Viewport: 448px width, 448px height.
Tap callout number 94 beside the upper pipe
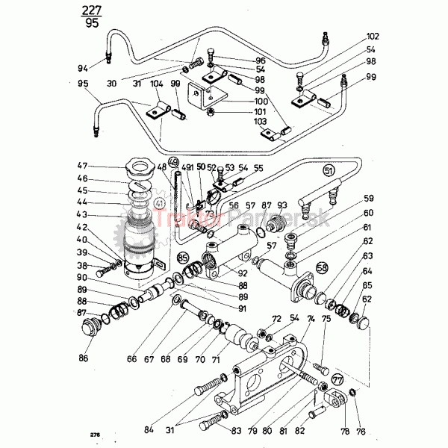tap(82, 68)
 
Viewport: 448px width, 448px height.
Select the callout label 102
tap(373, 37)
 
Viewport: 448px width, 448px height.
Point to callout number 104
tap(156, 85)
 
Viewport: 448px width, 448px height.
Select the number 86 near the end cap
tap(82, 359)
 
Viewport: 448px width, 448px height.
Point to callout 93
tap(281, 205)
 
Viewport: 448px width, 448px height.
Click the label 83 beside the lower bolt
tap(237, 431)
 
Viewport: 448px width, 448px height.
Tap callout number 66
tap(132, 358)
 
